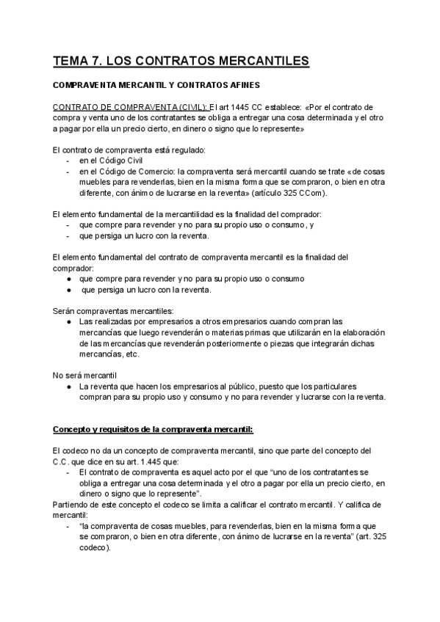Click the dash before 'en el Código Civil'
click(x=68, y=161)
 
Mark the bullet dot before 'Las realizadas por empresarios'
click(x=68, y=322)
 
